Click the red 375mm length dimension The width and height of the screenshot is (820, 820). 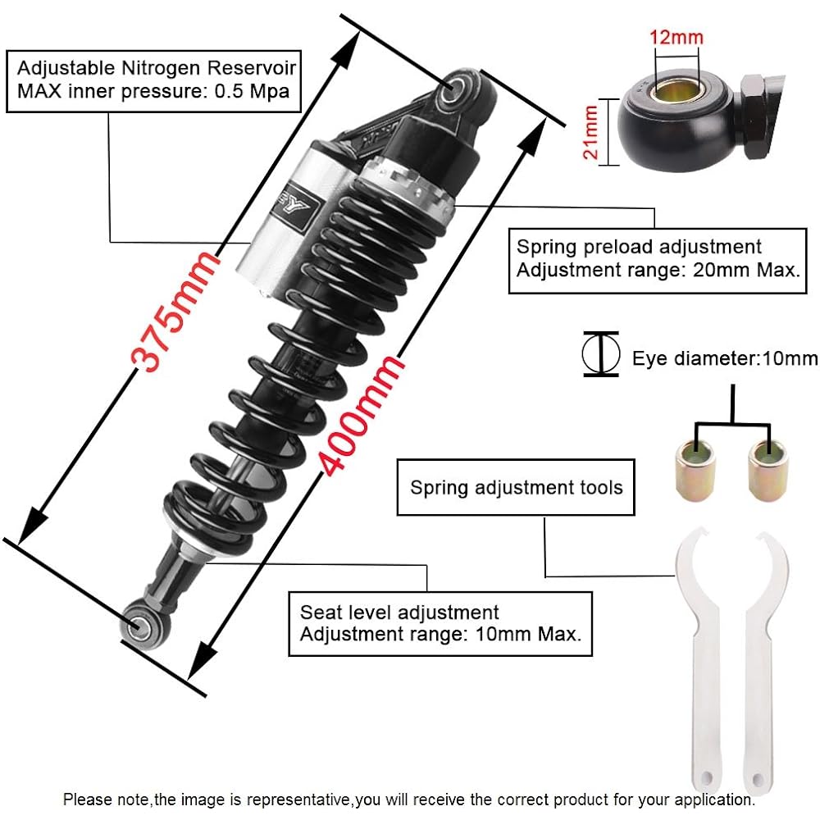177,312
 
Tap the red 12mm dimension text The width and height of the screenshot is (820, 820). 676,37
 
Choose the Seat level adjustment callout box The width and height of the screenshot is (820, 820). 440,624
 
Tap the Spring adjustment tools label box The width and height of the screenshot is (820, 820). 516,488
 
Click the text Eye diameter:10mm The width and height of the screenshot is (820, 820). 725,358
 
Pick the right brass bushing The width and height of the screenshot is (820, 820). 766,469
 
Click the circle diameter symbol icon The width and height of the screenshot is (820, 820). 600,354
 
